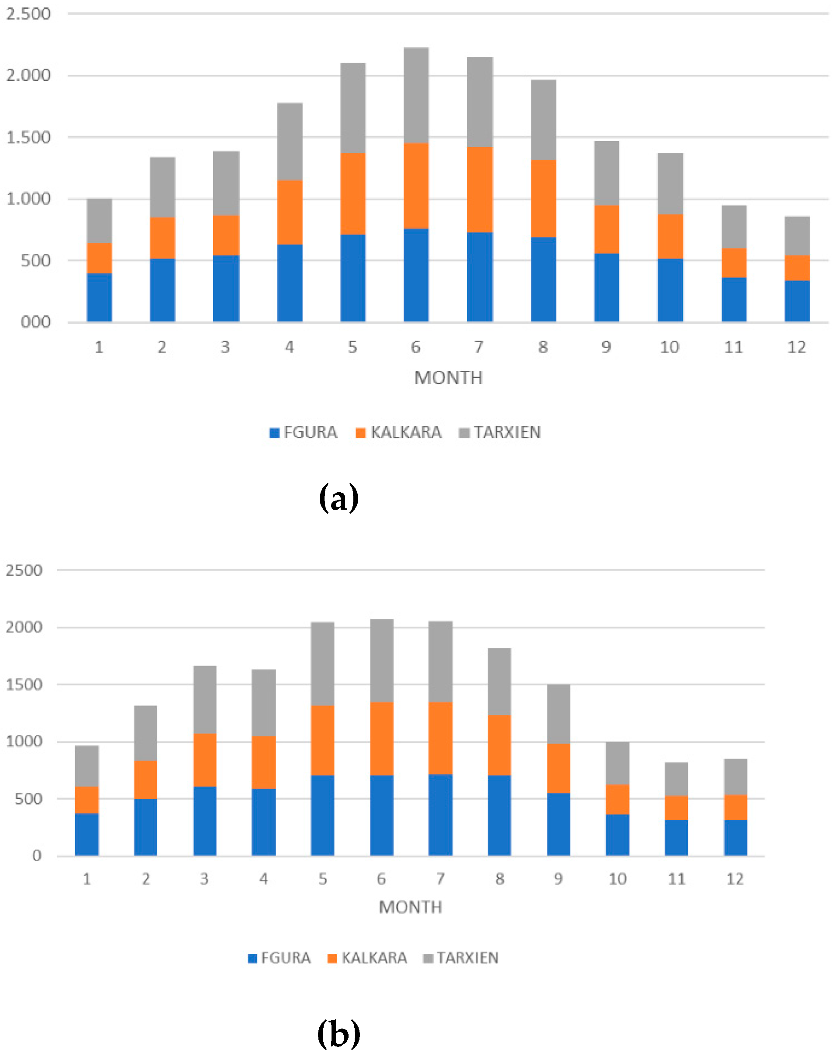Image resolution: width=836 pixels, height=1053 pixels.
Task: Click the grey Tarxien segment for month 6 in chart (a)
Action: click(416, 95)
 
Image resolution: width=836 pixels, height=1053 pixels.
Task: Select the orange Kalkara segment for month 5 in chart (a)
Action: click(352, 194)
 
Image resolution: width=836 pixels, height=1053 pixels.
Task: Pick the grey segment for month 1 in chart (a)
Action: click(99, 221)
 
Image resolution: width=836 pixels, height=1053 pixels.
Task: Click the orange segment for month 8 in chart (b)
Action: click(499, 745)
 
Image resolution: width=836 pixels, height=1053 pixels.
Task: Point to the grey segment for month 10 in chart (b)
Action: click(617, 763)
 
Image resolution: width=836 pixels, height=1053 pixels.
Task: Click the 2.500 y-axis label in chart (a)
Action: click(28, 14)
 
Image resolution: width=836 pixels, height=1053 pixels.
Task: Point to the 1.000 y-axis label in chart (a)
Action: click(28, 199)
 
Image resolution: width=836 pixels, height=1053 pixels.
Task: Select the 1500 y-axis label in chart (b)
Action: click(24, 684)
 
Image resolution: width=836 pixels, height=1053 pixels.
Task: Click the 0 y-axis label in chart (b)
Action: click(37, 856)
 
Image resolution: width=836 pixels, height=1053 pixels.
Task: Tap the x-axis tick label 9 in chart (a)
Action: click(606, 347)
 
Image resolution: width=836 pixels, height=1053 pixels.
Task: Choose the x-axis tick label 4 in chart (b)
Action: click(264, 879)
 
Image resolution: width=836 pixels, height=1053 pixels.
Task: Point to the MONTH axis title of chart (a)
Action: click(448, 377)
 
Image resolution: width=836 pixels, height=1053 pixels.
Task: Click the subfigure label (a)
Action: click(339, 499)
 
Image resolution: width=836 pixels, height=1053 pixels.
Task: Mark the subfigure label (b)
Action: click(339, 1033)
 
